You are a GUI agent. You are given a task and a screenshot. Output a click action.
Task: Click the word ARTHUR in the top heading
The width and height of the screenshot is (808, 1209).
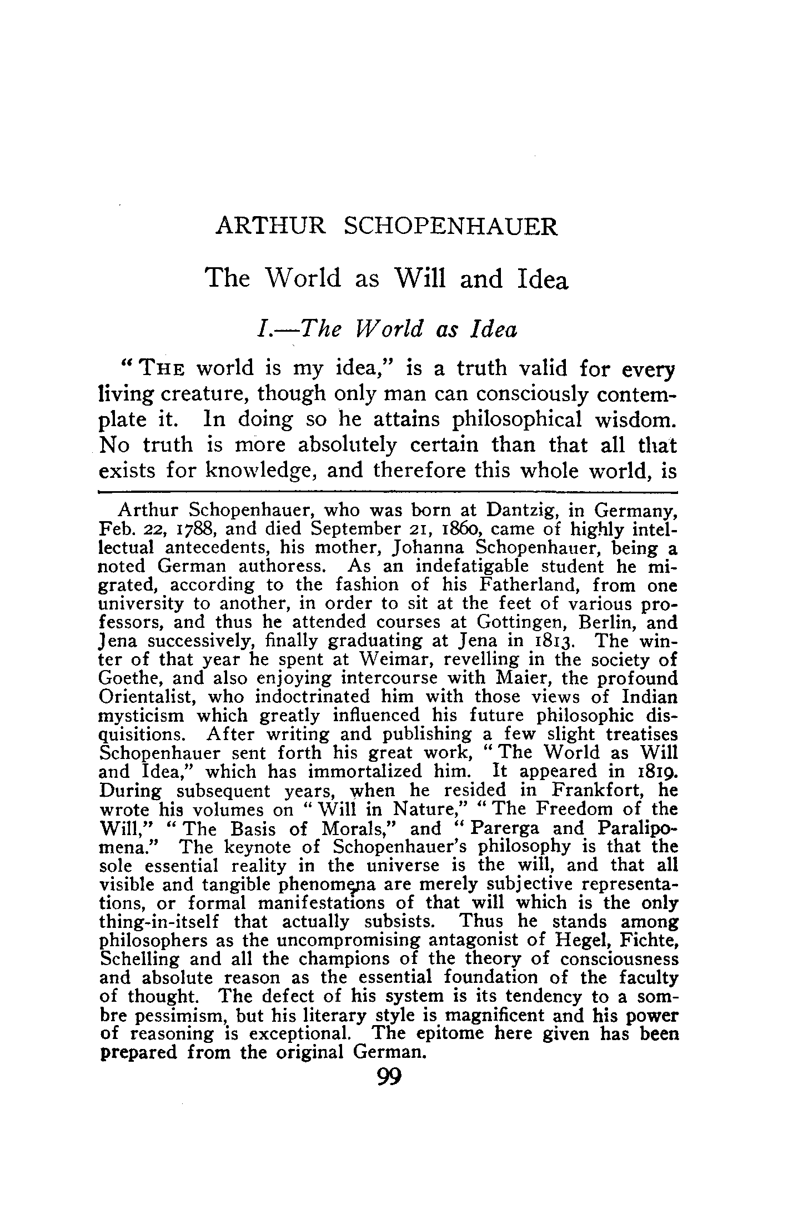pyautogui.click(x=270, y=227)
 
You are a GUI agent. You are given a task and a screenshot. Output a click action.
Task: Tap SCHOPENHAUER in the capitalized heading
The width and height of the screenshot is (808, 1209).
pyautogui.click(x=450, y=227)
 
